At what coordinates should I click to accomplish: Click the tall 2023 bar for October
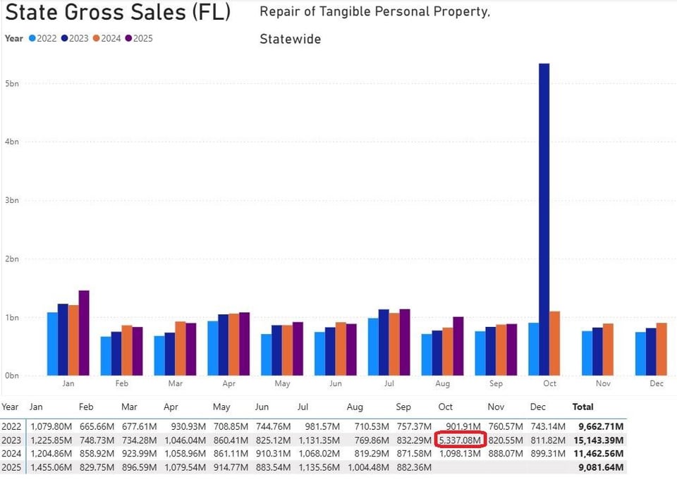point(544,218)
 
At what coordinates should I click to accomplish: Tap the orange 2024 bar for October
point(554,343)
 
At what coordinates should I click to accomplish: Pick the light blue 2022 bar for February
point(106,356)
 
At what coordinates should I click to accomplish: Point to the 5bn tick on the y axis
point(12,83)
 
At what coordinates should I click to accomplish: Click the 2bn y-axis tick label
point(12,259)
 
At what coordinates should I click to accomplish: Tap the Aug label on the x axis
point(442,384)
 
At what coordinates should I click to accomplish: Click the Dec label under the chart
point(657,384)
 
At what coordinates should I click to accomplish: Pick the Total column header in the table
point(583,407)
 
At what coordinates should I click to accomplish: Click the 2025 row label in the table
point(11,467)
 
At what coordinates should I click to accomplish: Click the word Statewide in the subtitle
point(290,39)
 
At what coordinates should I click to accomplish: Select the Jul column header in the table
point(303,407)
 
